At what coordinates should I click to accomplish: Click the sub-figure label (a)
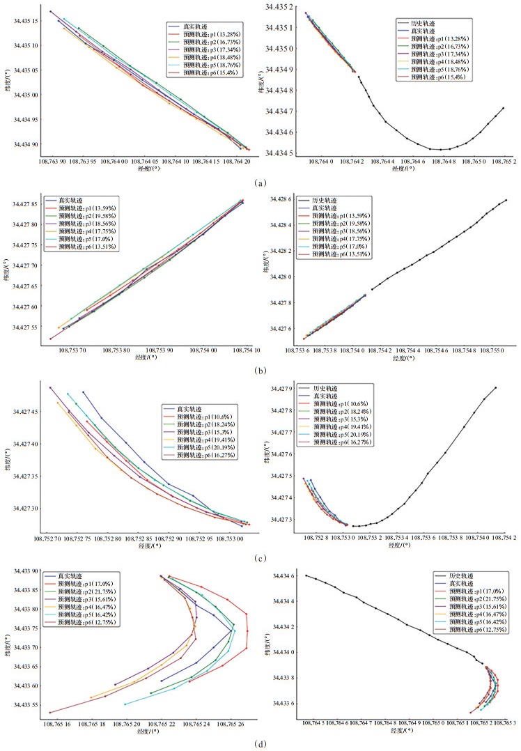[260, 183]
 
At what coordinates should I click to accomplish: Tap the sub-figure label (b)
[259, 371]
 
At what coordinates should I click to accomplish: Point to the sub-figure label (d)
[259, 743]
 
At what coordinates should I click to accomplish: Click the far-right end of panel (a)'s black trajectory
[503, 108]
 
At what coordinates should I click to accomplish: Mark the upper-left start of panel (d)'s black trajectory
[306, 575]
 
